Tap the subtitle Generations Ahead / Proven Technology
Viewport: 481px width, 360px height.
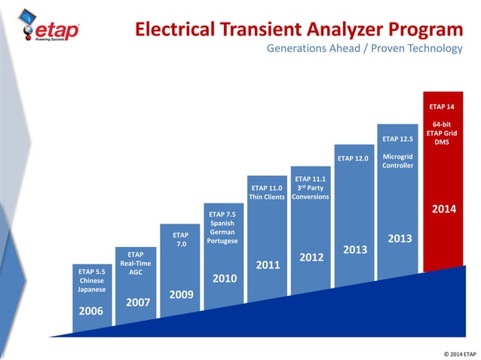coord(364,49)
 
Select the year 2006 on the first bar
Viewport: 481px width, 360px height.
coord(91,310)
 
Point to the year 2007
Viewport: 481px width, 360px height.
coord(136,301)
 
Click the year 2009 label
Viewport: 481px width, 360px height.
coord(180,294)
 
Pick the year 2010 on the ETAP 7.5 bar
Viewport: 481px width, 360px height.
coord(224,278)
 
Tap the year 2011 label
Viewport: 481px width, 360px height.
coord(268,265)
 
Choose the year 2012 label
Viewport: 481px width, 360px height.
coord(311,258)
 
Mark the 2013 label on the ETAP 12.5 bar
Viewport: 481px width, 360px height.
coord(399,239)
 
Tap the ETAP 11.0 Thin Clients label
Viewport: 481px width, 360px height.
coord(267,192)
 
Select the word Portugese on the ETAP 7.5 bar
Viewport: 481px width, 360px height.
coord(223,241)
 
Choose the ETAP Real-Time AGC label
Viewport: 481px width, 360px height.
coord(136,263)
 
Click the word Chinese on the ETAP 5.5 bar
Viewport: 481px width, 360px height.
coord(91,280)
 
